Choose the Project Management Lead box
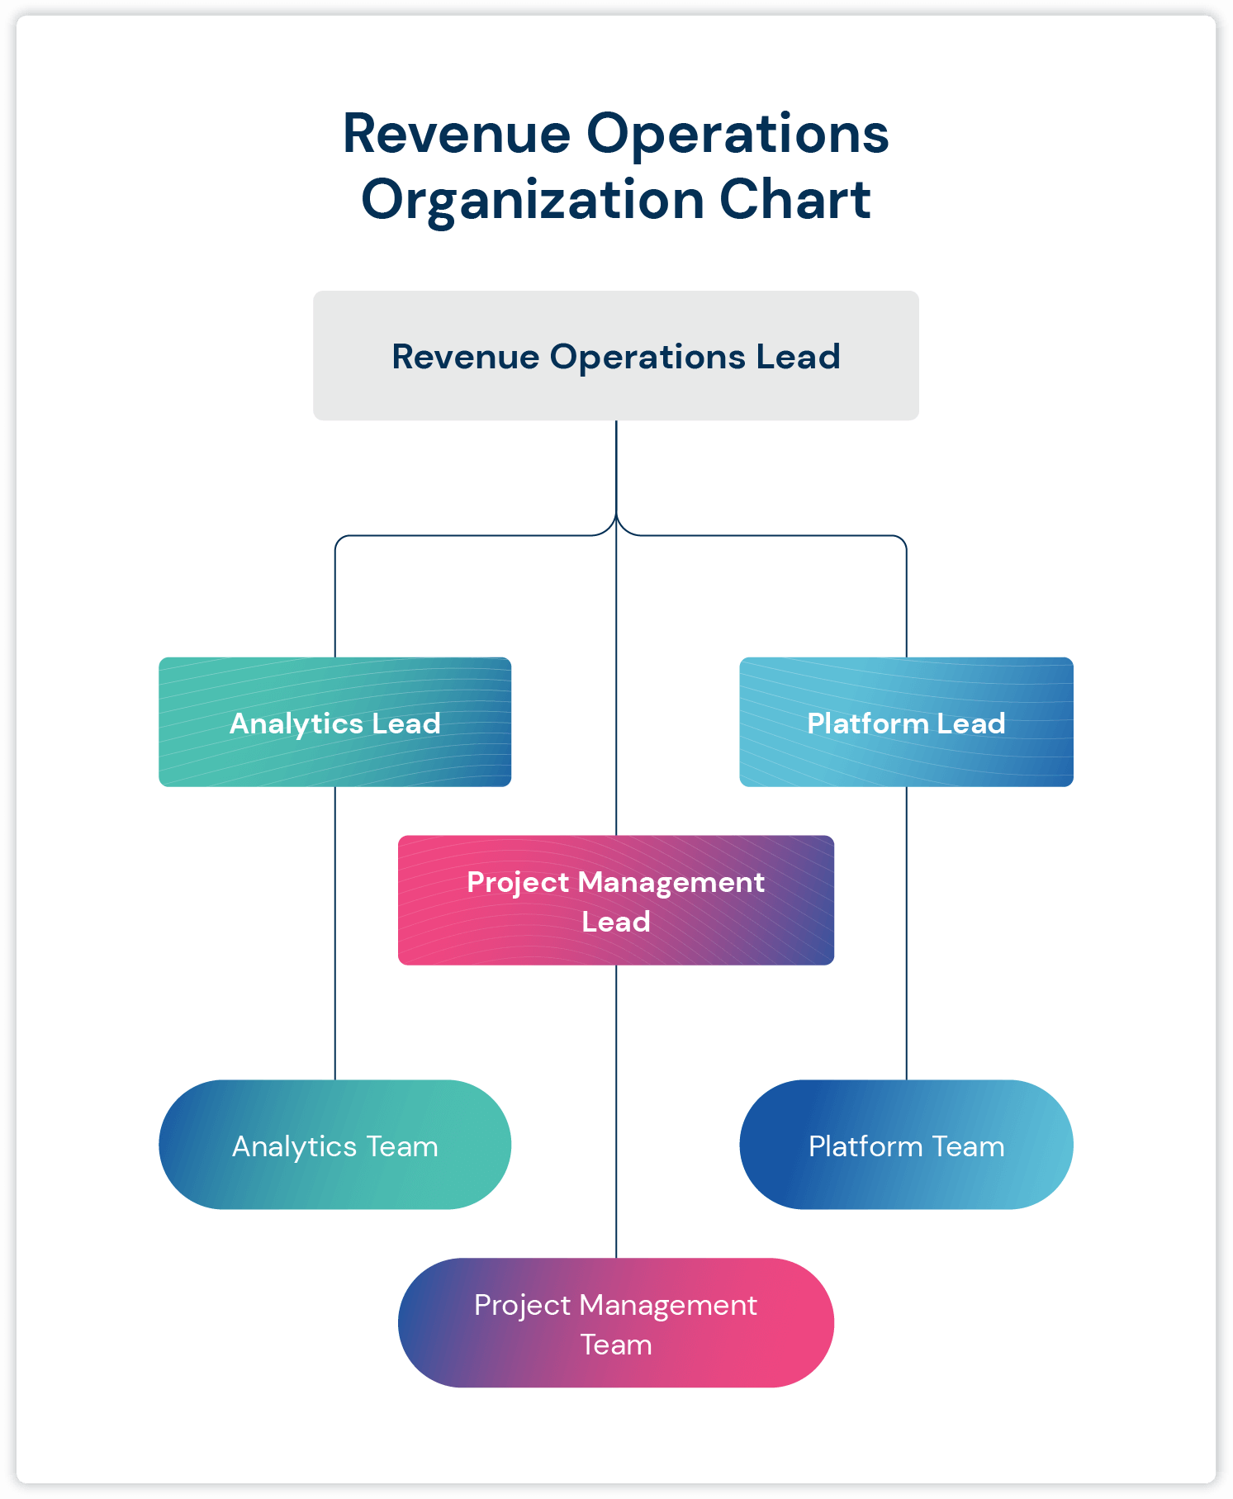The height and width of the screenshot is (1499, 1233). [615, 901]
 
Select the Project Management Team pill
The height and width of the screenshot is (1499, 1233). [615, 1323]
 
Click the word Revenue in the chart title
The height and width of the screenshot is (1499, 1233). [456, 134]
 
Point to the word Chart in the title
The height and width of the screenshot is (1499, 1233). [794, 200]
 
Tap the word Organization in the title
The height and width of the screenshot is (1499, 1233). [532, 202]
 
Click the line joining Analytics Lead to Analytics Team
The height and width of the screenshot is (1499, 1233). [334, 933]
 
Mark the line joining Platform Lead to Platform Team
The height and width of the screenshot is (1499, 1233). [906, 933]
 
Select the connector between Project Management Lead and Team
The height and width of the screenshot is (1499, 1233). [616, 1111]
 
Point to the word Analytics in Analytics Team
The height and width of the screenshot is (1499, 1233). [294, 1146]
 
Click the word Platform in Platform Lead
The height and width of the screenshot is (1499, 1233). [867, 723]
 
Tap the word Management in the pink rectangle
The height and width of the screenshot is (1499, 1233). [671, 883]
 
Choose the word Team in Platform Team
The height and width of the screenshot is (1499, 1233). [968, 1146]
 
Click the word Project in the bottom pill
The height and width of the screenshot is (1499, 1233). [522, 1306]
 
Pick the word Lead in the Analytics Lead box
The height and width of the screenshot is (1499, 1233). [405, 723]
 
